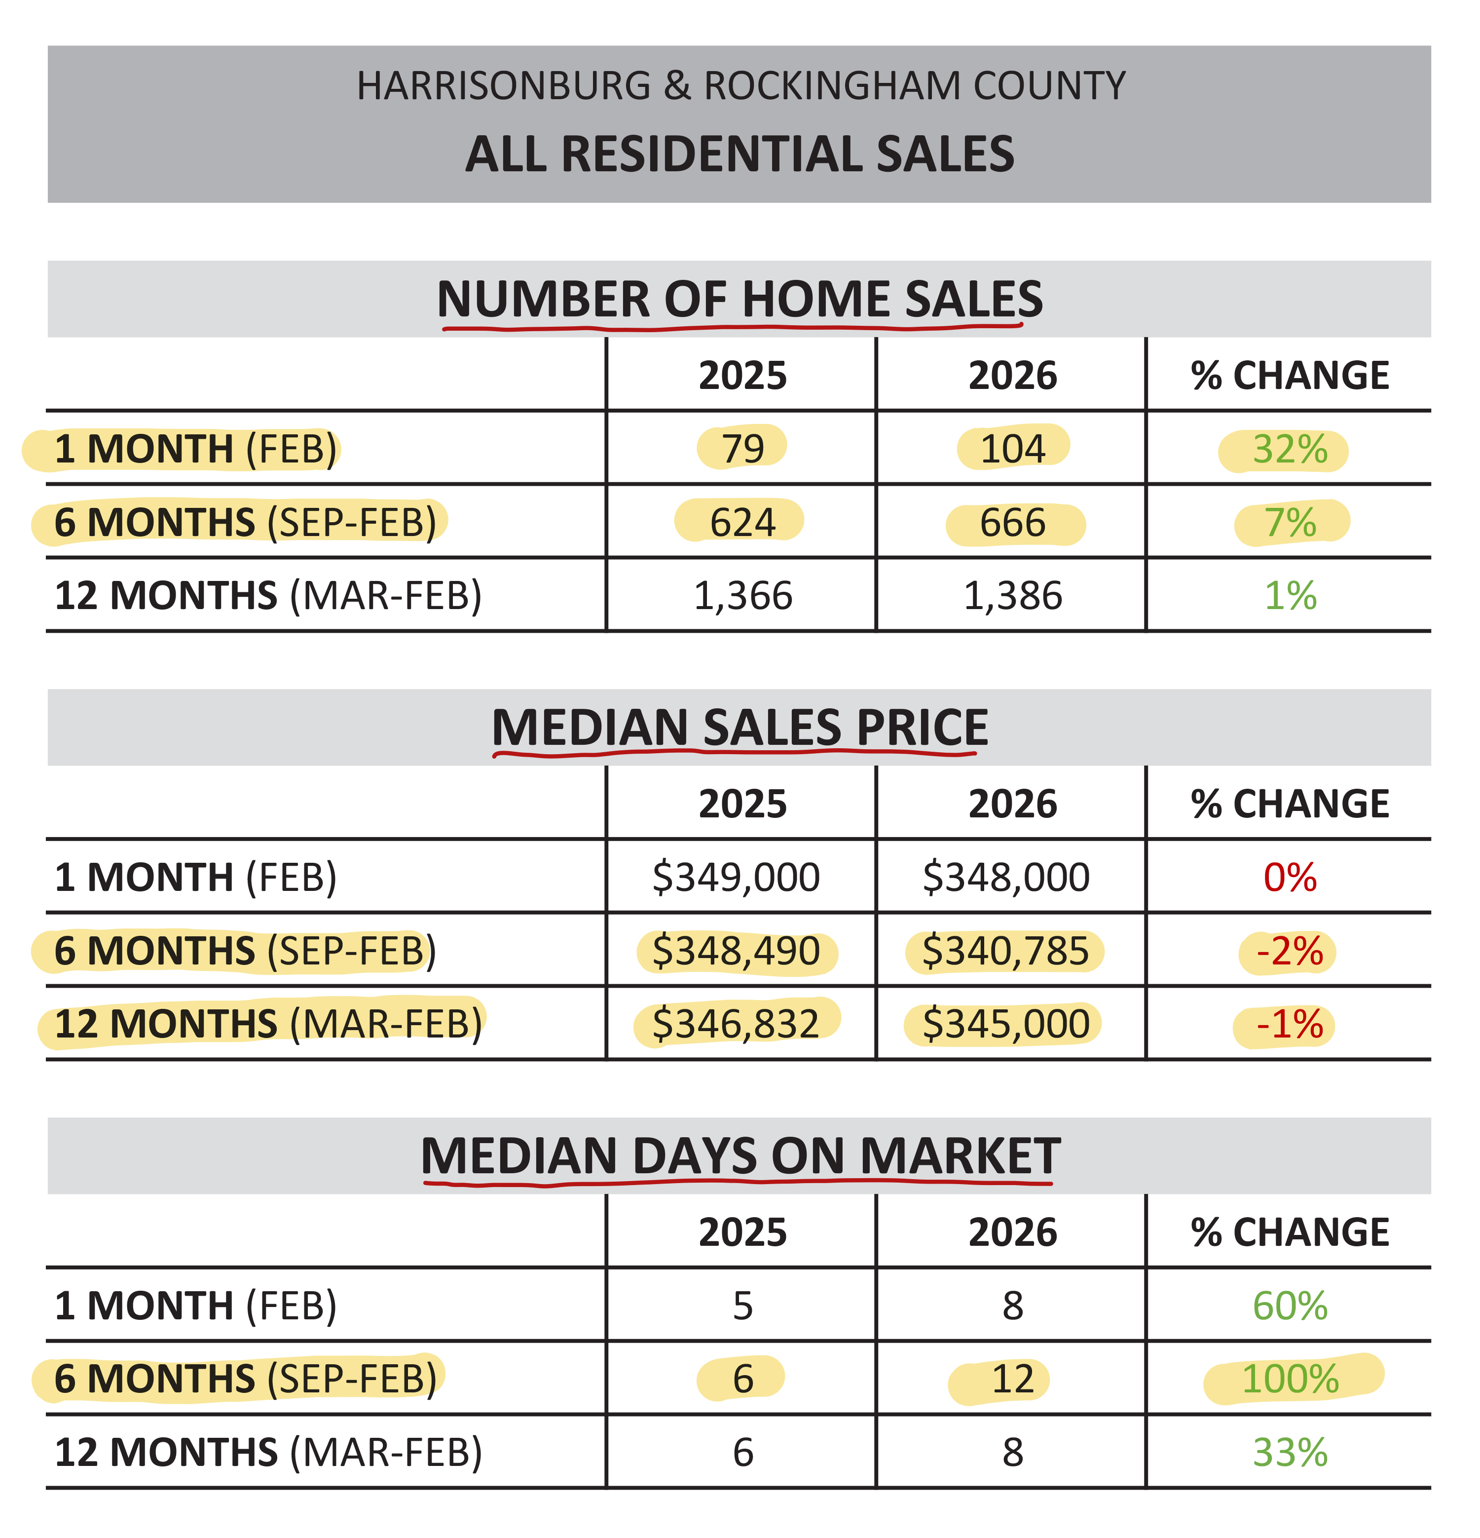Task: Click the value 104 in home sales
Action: (1012, 449)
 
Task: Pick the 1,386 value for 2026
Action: (1012, 596)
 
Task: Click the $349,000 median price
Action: (736, 877)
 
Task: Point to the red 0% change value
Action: (1290, 877)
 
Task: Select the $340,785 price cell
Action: (1005, 951)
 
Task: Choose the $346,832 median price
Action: (736, 1024)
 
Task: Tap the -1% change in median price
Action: (1290, 1025)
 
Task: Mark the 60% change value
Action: (1290, 1306)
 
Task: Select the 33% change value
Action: (1290, 1453)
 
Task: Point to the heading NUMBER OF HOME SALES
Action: (740, 299)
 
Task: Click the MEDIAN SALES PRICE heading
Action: (740, 728)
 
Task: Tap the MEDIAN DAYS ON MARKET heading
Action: (740, 1156)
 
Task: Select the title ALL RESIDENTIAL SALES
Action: (740, 154)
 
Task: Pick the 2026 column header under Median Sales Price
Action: (1012, 805)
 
